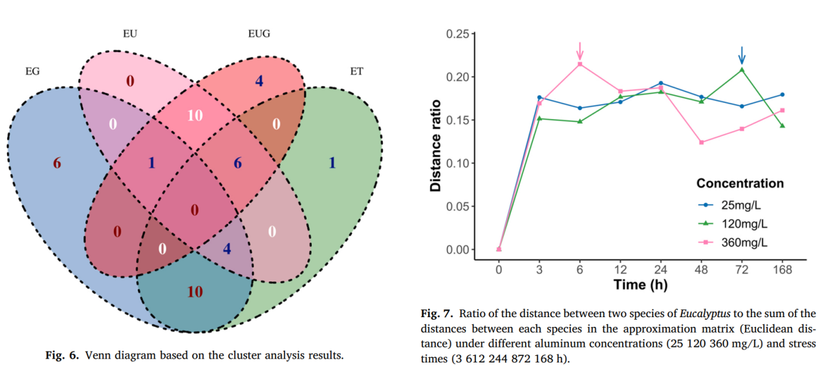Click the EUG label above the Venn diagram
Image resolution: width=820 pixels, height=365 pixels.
(x=259, y=32)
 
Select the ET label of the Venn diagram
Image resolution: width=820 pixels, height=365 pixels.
(x=356, y=71)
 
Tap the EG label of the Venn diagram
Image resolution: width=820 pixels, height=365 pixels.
(x=32, y=71)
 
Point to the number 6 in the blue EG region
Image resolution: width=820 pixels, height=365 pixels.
(x=57, y=163)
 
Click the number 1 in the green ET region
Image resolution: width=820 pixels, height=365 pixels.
(x=332, y=163)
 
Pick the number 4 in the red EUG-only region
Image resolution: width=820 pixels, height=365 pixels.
(x=259, y=82)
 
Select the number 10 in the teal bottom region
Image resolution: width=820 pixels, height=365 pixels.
(x=195, y=292)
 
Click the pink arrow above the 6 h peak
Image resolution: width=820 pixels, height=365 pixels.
(x=580, y=50)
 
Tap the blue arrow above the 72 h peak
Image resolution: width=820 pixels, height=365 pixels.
(x=742, y=55)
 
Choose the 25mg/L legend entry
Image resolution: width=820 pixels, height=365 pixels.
(x=743, y=205)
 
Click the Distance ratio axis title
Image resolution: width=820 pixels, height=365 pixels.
(x=437, y=145)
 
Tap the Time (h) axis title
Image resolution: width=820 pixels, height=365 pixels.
(x=640, y=285)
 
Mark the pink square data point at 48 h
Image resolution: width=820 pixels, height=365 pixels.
(x=702, y=142)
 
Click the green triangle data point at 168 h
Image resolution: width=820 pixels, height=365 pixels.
(x=782, y=126)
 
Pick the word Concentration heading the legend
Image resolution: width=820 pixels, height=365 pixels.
(x=740, y=183)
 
